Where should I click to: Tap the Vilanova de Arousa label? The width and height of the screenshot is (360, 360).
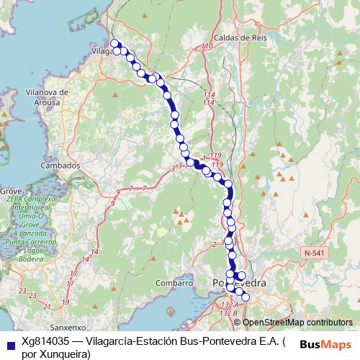[x=46, y=97]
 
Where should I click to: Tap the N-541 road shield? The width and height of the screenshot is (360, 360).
[x=315, y=253]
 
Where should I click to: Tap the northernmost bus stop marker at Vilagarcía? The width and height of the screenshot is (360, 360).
[x=114, y=44]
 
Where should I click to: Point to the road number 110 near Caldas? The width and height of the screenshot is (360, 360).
[x=208, y=47]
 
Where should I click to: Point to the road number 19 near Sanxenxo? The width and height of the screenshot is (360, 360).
[x=66, y=302]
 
